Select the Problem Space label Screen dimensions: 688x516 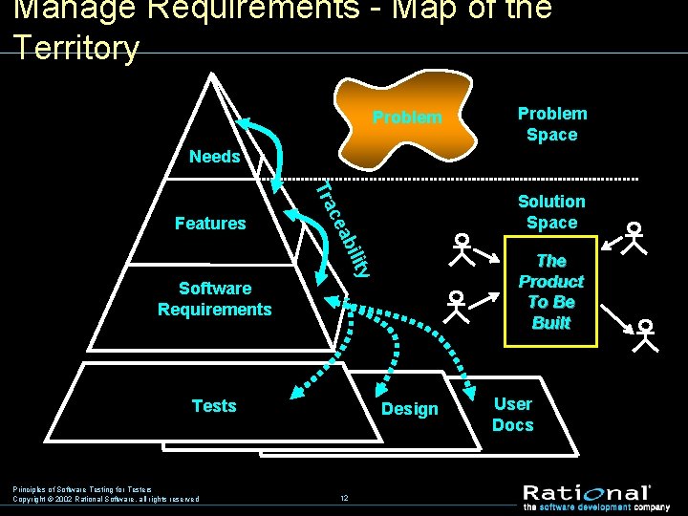point(551,124)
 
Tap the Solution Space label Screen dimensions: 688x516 point(551,212)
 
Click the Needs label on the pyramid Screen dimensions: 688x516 point(215,157)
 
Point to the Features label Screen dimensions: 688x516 point(210,224)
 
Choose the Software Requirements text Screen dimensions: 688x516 point(215,298)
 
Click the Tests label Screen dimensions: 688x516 point(214,406)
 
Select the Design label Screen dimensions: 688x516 point(410,409)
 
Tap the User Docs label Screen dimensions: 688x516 point(512,415)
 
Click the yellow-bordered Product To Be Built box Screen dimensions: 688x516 point(550,291)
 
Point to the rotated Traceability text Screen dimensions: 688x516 point(343,229)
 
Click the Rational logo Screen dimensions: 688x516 point(586,492)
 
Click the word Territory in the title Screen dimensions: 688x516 point(76,48)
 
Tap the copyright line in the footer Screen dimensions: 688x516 point(105,499)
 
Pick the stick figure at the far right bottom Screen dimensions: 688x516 point(646,335)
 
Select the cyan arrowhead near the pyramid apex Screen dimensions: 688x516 point(245,123)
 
